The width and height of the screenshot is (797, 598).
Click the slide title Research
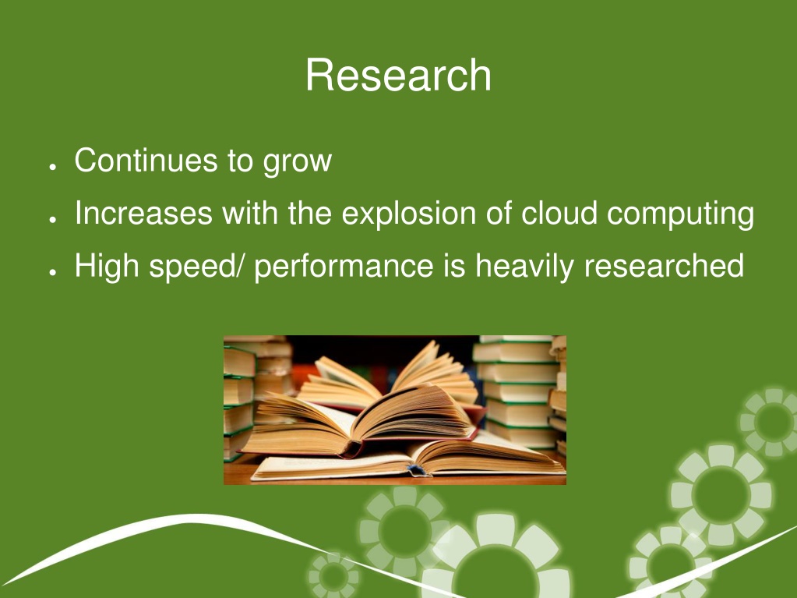(x=398, y=75)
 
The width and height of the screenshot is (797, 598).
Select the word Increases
(x=144, y=213)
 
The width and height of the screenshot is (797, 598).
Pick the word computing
(x=681, y=214)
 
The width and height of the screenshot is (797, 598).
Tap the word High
(x=107, y=267)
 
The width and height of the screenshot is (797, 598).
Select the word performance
(x=344, y=267)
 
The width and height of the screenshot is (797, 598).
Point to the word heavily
(x=524, y=267)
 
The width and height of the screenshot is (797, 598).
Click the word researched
(x=664, y=265)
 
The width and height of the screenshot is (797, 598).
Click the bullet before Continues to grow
(x=52, y=167)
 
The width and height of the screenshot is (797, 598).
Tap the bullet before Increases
(x=52, y=219)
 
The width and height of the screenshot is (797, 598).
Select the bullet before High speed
(x=52, y=272)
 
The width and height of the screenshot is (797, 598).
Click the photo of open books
(x=395, y=410)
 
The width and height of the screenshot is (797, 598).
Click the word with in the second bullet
(x=250, y=213)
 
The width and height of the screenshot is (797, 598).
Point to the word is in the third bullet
(x=454, y=265)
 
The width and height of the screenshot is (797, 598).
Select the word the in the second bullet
(x=310, y=213)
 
